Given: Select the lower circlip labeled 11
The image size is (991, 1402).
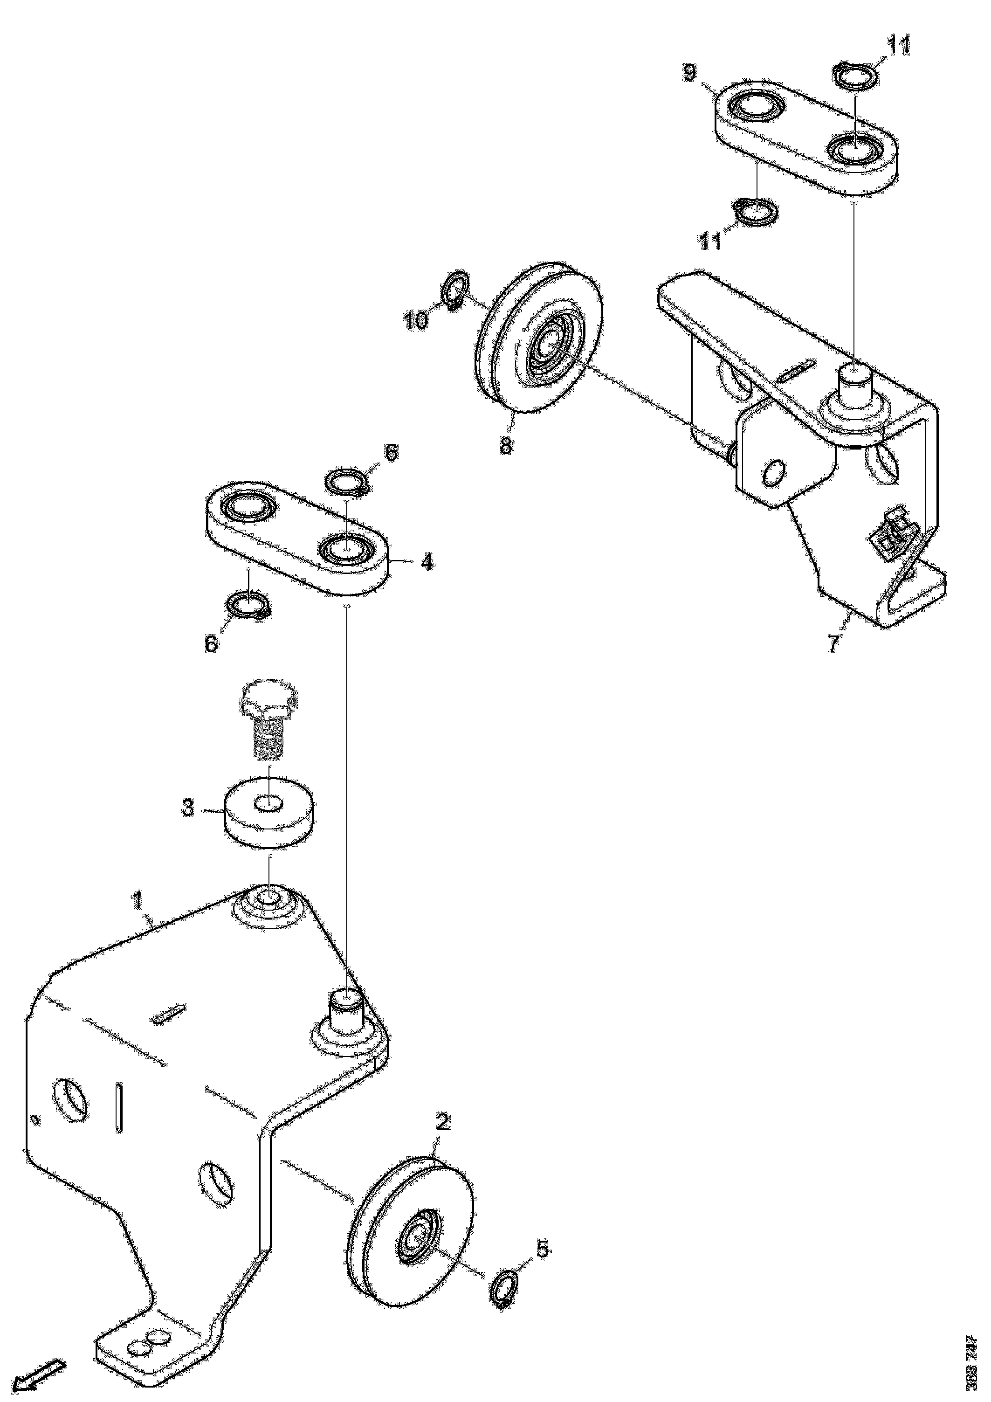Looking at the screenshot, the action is pos(755,211).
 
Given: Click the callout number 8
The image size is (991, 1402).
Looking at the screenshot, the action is pos(506,445).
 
